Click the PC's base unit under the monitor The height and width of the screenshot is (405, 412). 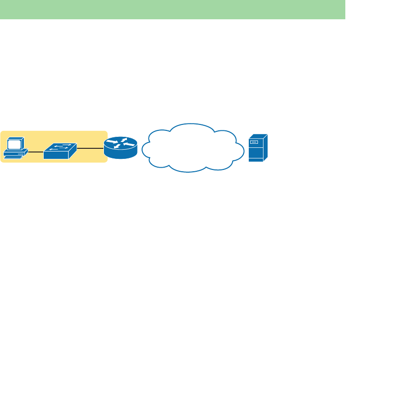click(16, 152)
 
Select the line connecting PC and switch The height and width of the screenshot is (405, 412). click(36, 151)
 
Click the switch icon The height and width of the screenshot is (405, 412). click(60, 151)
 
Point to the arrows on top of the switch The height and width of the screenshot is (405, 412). click(62, 147)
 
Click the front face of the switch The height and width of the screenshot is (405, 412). click(55, 155)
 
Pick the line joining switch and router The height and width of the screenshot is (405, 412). click(90, 149)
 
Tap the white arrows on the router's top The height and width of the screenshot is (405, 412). click(120, 143)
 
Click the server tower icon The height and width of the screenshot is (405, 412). click(258, 148)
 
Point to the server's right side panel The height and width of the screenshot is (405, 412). click(265, 148)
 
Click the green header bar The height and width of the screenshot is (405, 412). click(172, 9)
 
